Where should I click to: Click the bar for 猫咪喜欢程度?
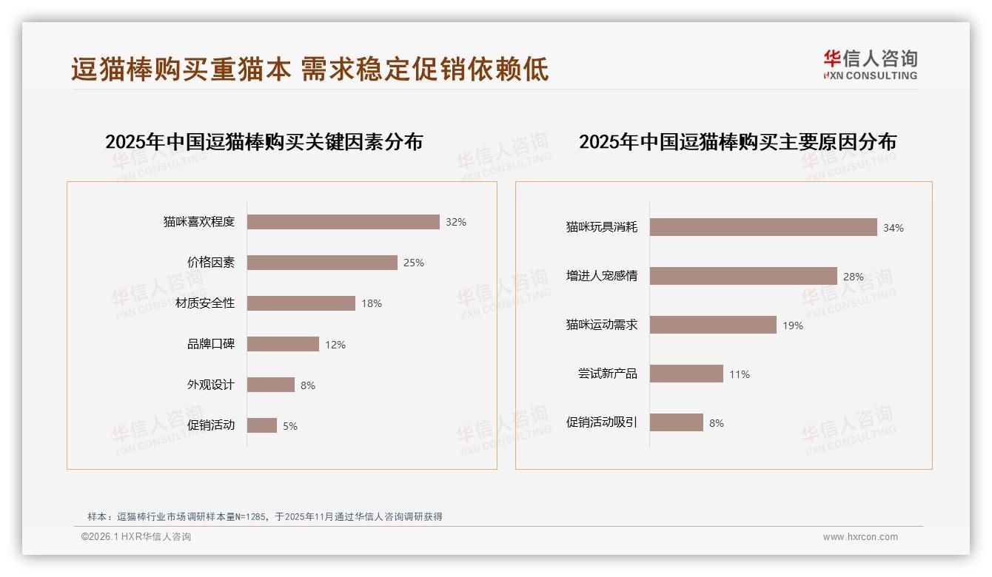point(343,222)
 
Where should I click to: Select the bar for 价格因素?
point(322,263)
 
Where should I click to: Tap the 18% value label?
point(372,303)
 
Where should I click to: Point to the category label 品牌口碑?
point(210,344)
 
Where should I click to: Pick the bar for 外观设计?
point(270,385)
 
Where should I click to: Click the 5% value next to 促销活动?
point(289,426)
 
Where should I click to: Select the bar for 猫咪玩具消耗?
point(763,227)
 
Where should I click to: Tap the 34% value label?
point(893,228)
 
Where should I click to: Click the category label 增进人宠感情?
point(601,276)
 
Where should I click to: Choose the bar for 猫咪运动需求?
point(713,325)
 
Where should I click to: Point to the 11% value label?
point(739,374)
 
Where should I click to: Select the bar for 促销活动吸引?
point(676,422)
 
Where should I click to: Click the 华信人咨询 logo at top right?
point(870,65)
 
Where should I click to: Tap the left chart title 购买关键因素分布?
point(264,142)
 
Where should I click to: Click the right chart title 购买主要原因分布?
point(737,142)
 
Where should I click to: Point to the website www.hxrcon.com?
point(860,537)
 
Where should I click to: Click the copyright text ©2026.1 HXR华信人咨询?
point(135,537)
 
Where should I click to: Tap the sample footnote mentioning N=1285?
point(265,516)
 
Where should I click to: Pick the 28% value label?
point(853,277)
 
